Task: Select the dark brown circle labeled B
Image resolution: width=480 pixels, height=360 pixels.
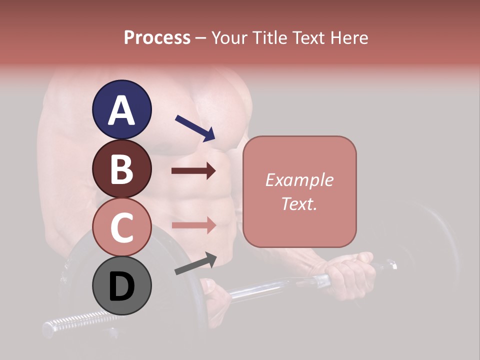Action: click(x=121, y=168)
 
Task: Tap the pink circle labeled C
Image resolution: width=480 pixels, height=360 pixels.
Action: click(x=121, y=227)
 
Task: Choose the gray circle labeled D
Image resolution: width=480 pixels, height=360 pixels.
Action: click(x=121, y=286)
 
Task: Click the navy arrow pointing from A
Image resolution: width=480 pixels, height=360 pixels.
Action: click(x=195, y=127)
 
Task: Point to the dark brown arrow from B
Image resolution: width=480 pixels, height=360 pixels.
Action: click(x=193, y=171)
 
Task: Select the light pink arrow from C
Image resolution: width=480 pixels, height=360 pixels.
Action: click(x=193, y=225)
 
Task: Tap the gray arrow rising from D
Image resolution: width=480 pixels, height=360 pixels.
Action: click(x=195, y=263)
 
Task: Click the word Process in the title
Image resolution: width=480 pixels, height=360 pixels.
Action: click(x=157, y=38)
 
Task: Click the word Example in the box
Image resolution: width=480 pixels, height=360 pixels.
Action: click(x=299, y=180)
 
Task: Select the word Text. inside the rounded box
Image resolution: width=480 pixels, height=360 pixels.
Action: click(x=299, y=203)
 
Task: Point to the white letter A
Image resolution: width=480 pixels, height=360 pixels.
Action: click(x=121, y=110)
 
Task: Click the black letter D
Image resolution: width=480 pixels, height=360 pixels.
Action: click(x=121, y=287)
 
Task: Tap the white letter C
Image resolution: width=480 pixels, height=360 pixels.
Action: click(x=121, y=228)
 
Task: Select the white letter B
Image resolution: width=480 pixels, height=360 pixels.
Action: click(x=121, y=169)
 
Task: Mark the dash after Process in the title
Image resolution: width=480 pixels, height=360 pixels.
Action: click(x=200, y=38)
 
